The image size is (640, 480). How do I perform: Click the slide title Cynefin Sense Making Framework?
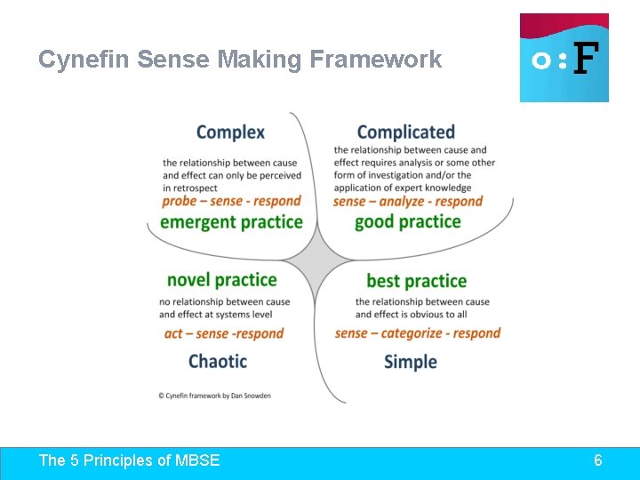tap(240, 60)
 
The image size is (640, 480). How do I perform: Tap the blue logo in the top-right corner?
tap(564, 58)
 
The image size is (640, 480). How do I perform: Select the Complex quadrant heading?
tap(230, 132)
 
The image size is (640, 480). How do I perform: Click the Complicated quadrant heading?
tap(405, 132)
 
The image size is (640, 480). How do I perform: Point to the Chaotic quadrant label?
tap(218, 361)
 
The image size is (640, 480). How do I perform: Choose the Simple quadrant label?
tap(411, 362)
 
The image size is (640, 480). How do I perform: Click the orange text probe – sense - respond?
tap(231, 202)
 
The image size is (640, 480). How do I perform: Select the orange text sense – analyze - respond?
tap(407, 202)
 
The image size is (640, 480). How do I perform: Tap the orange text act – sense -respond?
tap(224, 334)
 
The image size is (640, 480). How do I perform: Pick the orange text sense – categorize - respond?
tap(418, 333)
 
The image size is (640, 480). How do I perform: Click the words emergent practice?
tap(231, 222)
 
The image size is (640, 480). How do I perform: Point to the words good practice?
tap(407, 222)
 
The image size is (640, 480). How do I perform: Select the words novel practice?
tap(221, 280)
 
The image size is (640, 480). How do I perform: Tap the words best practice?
tap(416, 281)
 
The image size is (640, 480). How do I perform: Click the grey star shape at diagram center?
tap(315, 261)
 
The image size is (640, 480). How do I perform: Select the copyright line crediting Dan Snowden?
tap(214, 396)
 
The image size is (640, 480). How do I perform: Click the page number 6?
tap(598, 460)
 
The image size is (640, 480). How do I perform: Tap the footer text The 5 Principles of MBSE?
tap(129, 460)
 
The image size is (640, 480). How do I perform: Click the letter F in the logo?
tap(584, 60)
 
